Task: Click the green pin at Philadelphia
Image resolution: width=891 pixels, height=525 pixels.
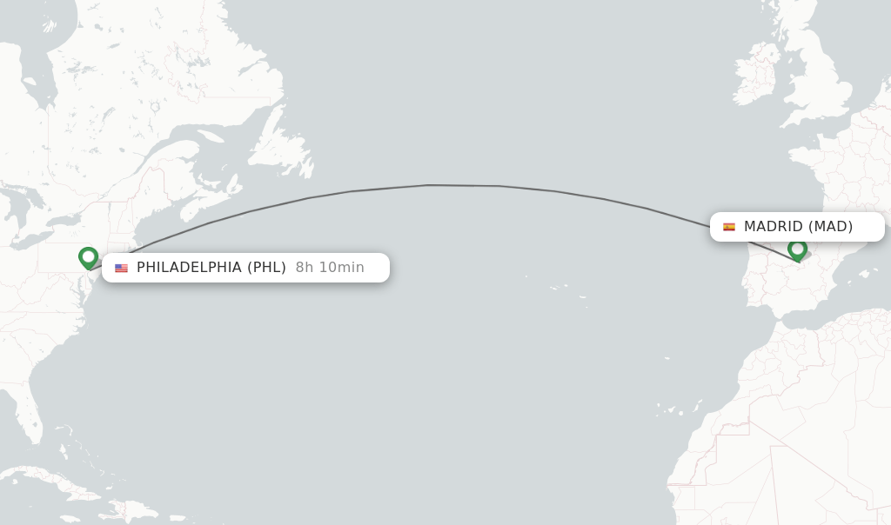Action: click(88, 257)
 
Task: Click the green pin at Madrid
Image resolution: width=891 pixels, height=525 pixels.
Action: click(797, 249)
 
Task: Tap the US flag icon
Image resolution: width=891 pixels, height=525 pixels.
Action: click(121, 268)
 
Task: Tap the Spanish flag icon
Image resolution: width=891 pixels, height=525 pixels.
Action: click(729, 227)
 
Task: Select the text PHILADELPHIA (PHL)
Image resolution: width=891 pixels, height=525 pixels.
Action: click(211, 268)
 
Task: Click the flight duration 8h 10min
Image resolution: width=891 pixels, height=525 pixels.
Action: click(330, 268)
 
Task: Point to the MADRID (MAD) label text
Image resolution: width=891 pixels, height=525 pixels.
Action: click(798, 227)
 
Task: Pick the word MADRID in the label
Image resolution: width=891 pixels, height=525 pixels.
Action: click(773, 227)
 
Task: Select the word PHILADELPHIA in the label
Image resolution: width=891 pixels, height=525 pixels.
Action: click(189, 268)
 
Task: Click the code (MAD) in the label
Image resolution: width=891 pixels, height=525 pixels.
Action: click(830, 227)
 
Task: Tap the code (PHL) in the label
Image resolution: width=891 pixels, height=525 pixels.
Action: click(266, 268)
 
